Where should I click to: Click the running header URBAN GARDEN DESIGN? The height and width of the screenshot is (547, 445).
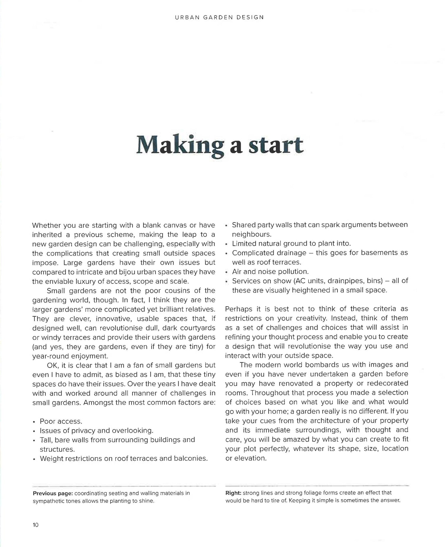tap(219, 17)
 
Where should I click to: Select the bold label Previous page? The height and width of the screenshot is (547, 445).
tap(53, 493)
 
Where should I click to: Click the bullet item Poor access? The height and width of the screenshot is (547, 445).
tap(61, 421)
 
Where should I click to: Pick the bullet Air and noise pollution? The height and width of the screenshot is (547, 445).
tap(270, 272)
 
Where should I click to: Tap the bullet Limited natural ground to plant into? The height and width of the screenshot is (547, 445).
tap(291, 244)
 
